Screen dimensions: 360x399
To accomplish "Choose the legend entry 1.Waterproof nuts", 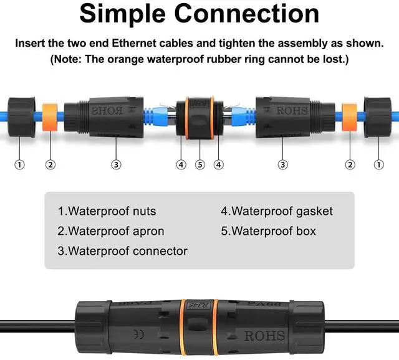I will click(107, 211).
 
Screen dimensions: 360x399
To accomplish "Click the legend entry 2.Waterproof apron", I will click(111, 231).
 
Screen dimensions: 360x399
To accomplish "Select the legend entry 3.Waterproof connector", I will click(122, 251).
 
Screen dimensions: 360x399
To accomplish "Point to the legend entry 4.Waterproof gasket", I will click(277, 211).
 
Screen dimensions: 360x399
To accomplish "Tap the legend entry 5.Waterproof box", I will click(268, 231).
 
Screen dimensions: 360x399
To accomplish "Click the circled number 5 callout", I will click(199, 147).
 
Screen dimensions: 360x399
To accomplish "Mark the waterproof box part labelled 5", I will click(199, 113).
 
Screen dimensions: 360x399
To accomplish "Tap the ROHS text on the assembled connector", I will click(264, 336).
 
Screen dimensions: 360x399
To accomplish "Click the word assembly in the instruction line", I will click(310, 44).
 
